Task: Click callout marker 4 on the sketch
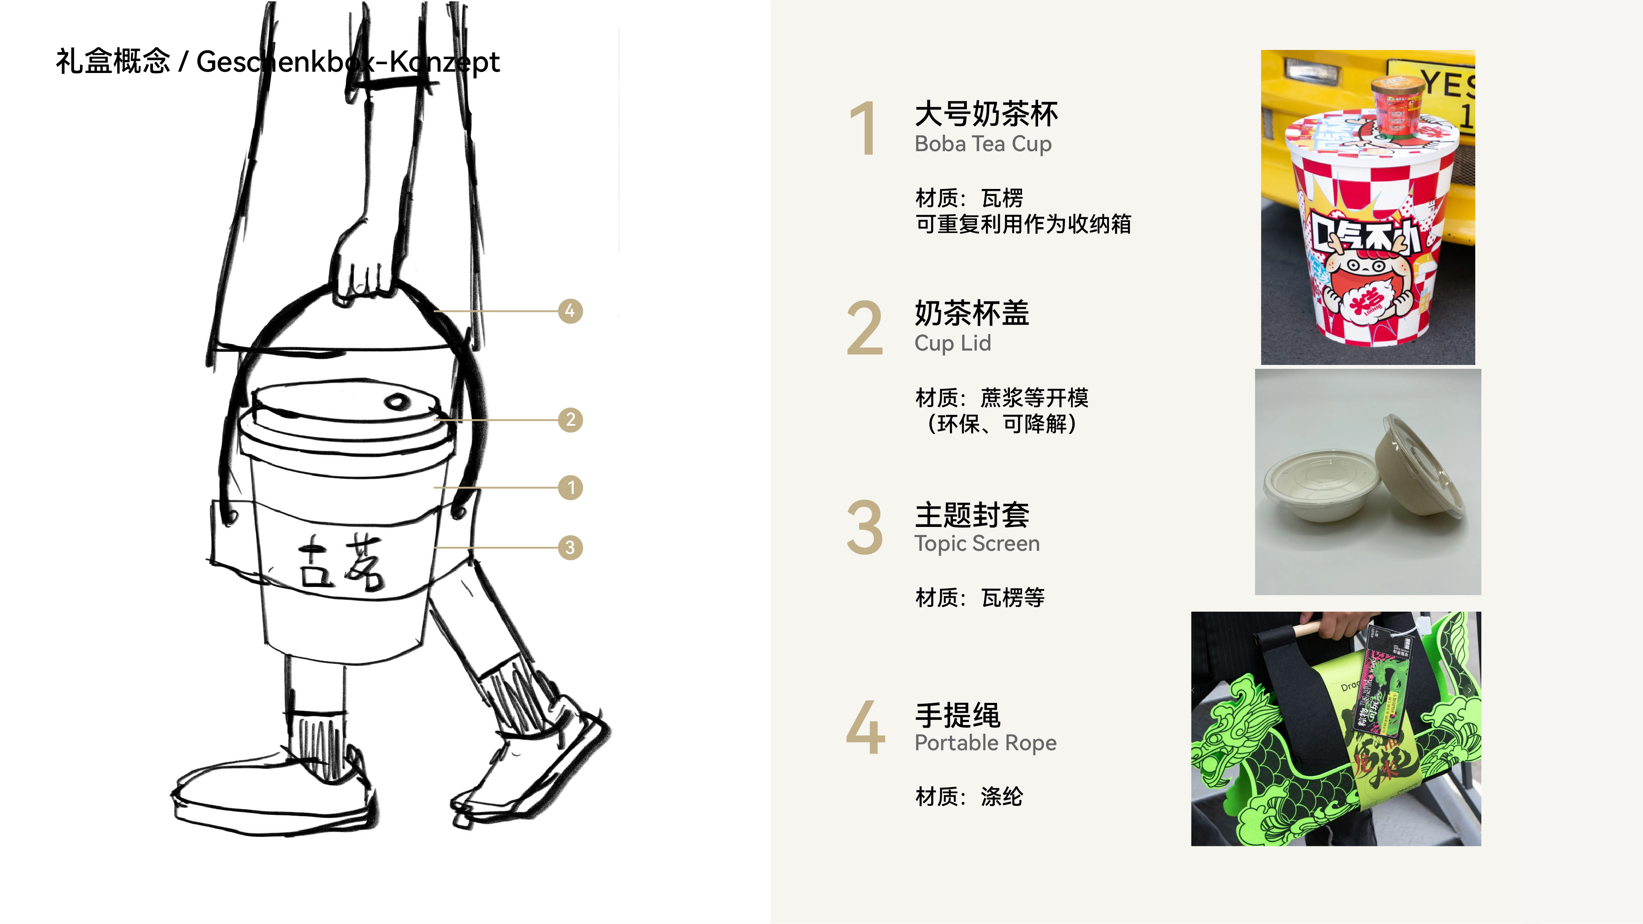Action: pos(570,311)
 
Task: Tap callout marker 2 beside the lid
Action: pos(570,420)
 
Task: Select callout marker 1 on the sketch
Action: pos(570,488)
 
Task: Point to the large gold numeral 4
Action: pos(866,728)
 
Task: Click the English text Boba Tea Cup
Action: pos(983,144)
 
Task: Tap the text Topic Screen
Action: pos(976,544)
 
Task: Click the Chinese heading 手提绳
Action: pos(957,715)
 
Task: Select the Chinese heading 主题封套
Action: pos(971,515)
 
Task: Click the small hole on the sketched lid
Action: pos(397,402)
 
